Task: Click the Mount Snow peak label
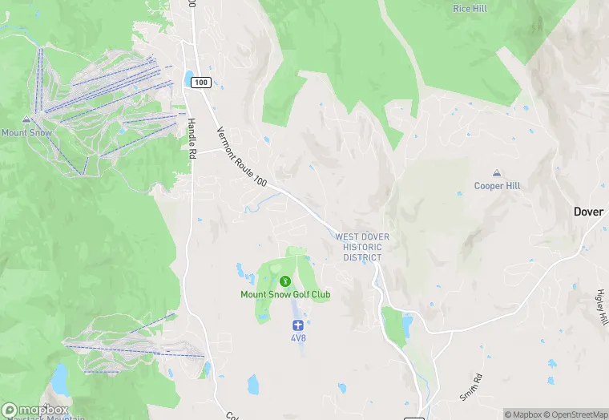26,132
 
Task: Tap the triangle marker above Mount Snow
26,119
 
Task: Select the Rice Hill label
470,8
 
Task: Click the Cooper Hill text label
497,186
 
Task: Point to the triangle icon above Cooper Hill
497,173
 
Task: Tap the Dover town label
589,212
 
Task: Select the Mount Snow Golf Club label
285,294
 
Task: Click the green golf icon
285,281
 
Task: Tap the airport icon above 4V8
298,325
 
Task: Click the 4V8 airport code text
298,338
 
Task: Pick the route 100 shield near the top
200,83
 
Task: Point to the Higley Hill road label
603,307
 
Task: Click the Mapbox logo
34,410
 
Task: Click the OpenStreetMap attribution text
576,414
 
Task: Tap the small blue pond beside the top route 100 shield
188,79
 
